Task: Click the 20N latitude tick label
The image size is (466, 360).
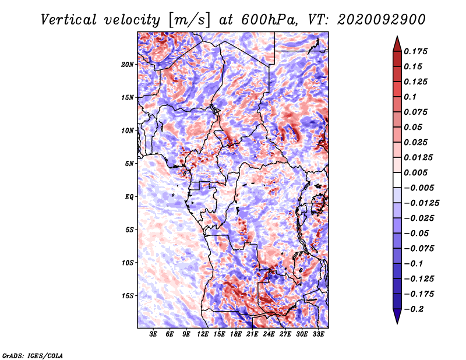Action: pyautogui.click(x=128, y=64)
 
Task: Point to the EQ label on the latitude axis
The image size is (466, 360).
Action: pyautogui.click(x=129, y=196)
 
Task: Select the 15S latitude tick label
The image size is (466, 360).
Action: pyautogui.click(x=128, y=295)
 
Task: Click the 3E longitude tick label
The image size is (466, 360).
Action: pyautogui.click(x=154, y=334)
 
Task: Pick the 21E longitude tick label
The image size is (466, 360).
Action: pyautogui.click(x=252, y=334)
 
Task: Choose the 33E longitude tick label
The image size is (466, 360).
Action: pyautogui.click(x=318, y=334)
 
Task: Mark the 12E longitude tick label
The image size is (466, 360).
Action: pyautogui.click(x=203, y=334)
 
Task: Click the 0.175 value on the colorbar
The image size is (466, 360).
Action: pyautogui.click(x=417, y=51)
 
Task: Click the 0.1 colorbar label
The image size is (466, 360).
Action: pyautogui.click(x=411, y=97)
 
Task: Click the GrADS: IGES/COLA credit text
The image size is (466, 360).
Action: pyautogui.click(x=32, y=355)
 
